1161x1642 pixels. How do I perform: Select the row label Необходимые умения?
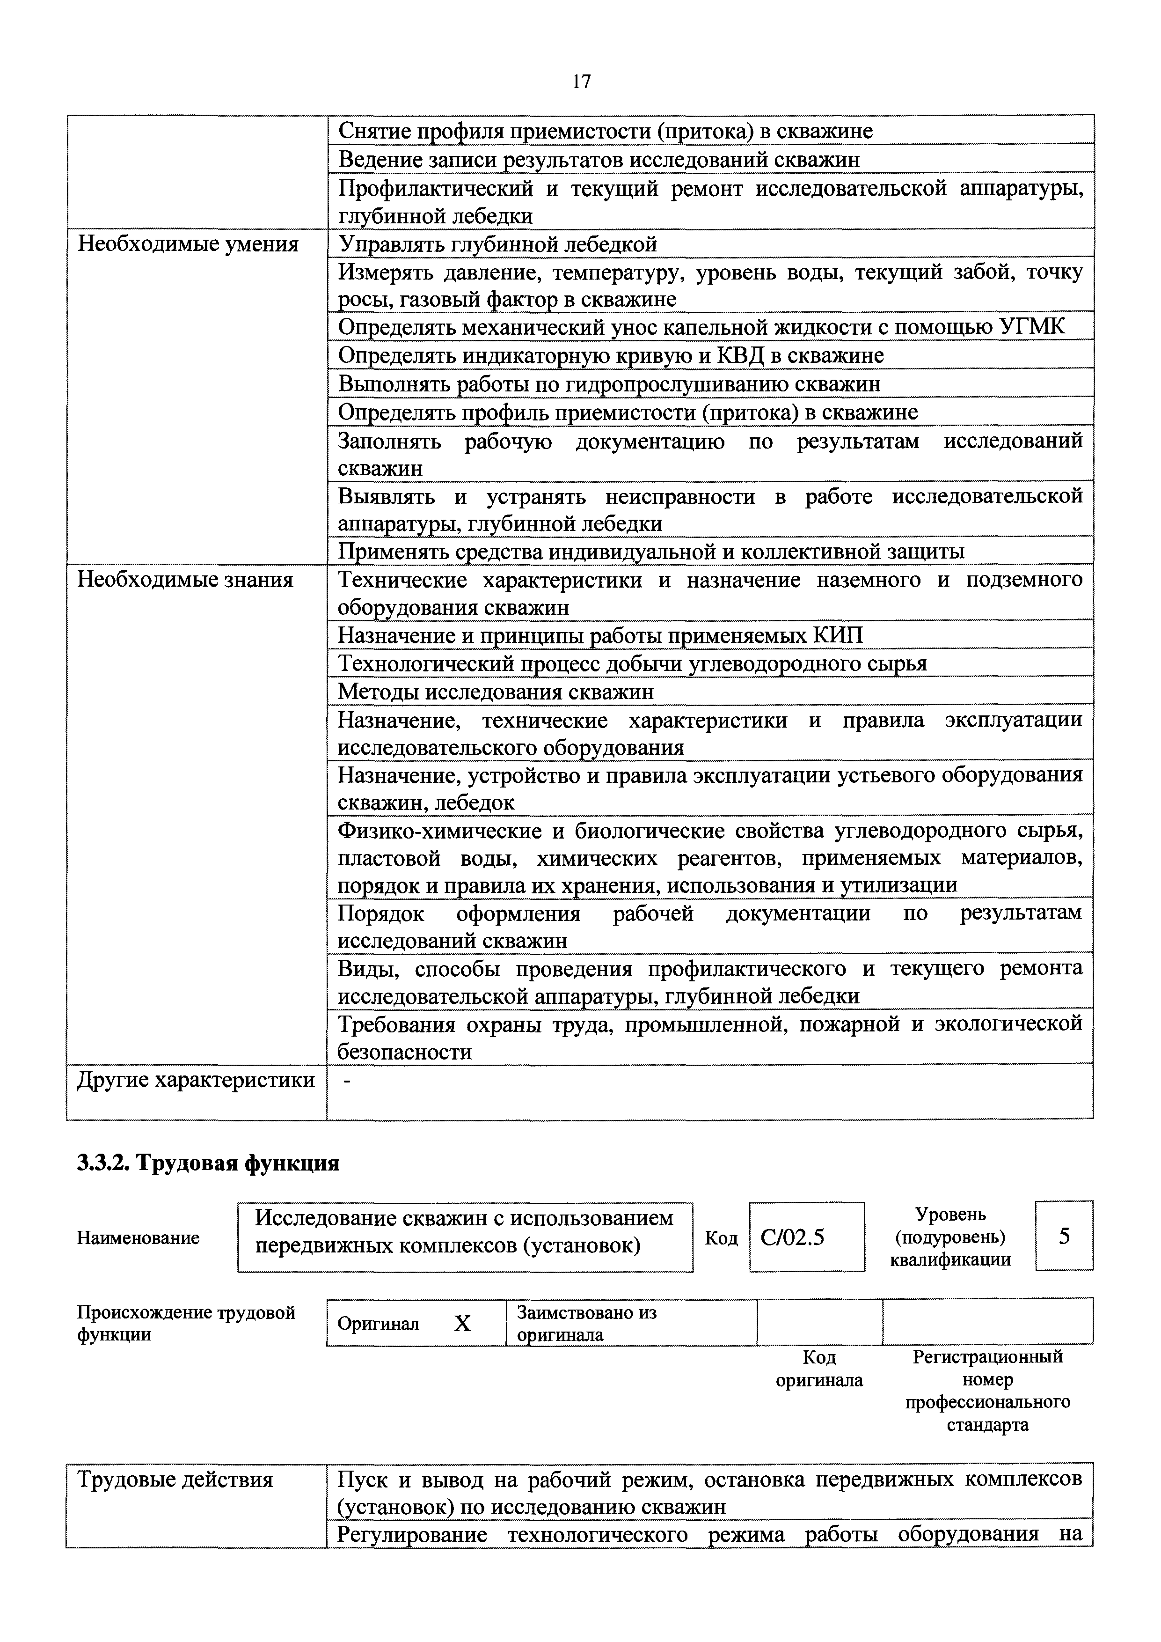coord(187,244)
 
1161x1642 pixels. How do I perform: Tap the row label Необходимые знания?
coord(185,579)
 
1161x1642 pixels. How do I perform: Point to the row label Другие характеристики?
coord(195,1079)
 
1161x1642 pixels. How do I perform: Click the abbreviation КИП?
coord(837,635)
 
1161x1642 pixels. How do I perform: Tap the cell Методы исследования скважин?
coord(496,692)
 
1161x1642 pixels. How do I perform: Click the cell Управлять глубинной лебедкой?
coord(497,244)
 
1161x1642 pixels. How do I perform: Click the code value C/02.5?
coord(792,1237)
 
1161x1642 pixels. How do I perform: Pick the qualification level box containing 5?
coord(1064,1236)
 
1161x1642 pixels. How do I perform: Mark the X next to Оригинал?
coord(462,1325)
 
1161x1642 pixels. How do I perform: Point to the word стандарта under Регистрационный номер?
coord(987,1425)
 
